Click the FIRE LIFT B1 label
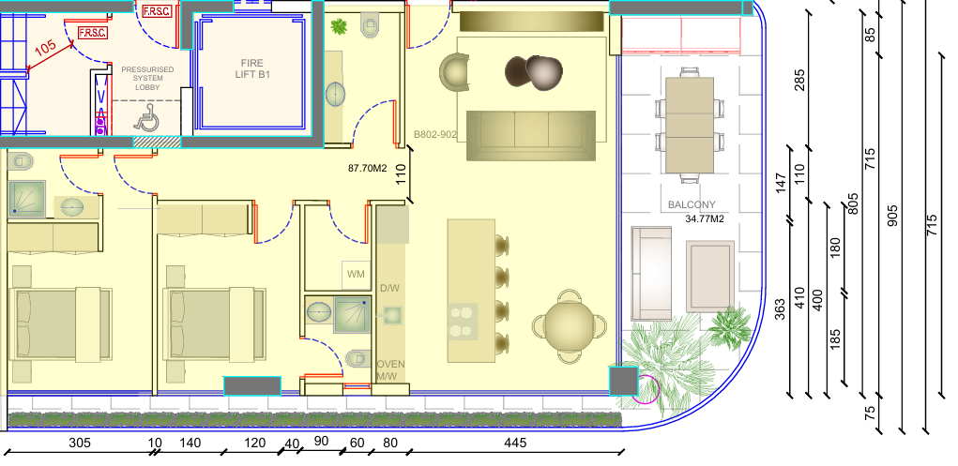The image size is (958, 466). click(x=252, y=68)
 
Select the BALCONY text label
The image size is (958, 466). click(x=692, y=204)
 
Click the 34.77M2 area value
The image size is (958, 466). click(x=705, y=218)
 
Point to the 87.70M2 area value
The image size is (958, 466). click(x=368, y=168)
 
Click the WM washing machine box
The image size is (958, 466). click(x=356, y=274)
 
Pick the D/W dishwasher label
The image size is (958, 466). click(x=389, y=288)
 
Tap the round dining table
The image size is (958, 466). click(x=570, y=326)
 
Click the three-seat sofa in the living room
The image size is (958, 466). click(x=531, y=136)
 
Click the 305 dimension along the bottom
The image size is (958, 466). click(x=80, y=443)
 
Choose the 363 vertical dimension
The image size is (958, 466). click(x=781, y=309)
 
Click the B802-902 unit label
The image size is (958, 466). click(x=435, y=134)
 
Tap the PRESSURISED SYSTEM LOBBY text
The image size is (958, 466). click(x=147, y=78)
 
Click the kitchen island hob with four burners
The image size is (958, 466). click(x=463, y=322)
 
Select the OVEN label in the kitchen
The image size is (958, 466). click(x=390, y=364)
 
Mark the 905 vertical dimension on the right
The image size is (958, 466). click(x=892, y=217)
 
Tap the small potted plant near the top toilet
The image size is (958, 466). click(x=339, y=26)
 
